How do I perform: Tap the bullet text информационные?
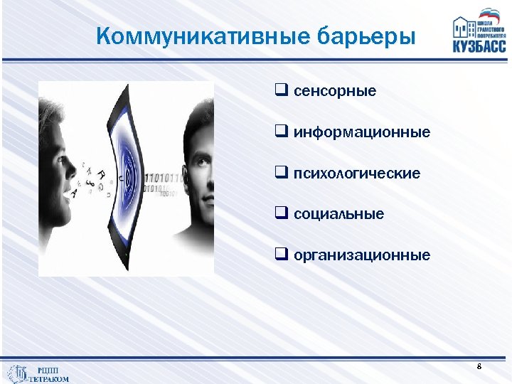362,132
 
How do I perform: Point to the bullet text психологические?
357,174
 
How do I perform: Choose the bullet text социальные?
338,214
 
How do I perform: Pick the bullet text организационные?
362,255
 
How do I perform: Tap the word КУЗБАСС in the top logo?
479,46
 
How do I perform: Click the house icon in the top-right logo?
464,26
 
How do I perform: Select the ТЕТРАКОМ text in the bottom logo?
49,378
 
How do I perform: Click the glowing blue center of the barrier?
126,178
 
